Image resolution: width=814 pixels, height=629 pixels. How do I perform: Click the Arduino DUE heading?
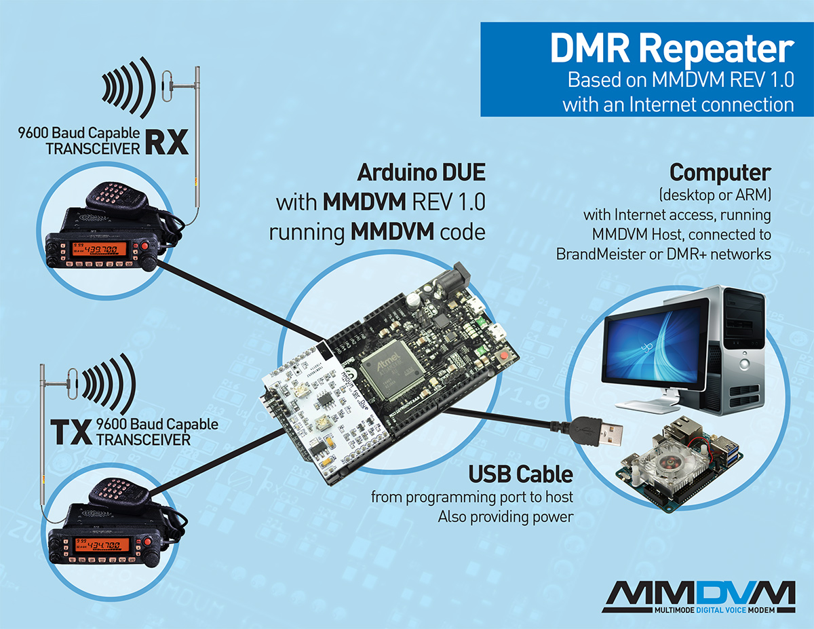(421, 172)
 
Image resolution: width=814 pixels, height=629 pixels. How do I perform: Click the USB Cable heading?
(521, 473)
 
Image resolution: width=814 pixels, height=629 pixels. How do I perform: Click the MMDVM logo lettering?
(699, 595)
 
